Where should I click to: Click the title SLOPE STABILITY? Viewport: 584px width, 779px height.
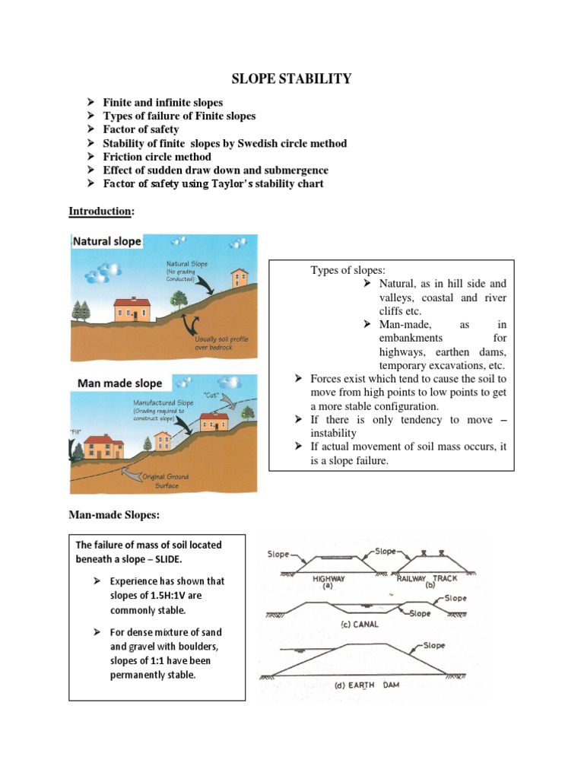[291, 78]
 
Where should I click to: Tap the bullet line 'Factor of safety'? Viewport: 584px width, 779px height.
[141, 129]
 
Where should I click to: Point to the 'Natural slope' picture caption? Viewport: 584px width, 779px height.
[106, 242]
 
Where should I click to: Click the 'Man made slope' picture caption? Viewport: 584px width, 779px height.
[119, 383]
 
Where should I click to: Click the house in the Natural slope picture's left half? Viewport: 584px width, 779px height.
[135, 309]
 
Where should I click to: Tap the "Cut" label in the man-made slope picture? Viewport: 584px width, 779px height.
[211, 394]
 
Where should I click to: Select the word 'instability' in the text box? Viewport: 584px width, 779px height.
[334, 433]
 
